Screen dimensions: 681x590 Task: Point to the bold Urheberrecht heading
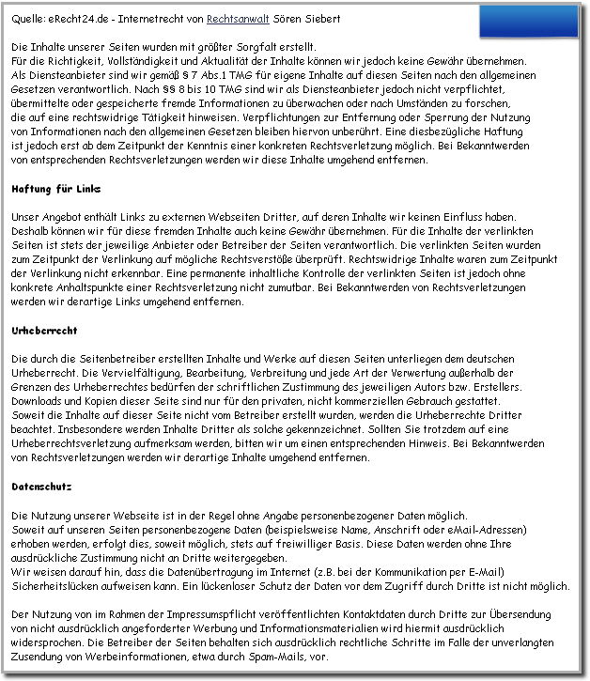click(x=44, y=331)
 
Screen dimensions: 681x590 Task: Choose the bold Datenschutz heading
click(x=42, y=488)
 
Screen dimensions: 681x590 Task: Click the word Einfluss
click(x=462, y=217)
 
